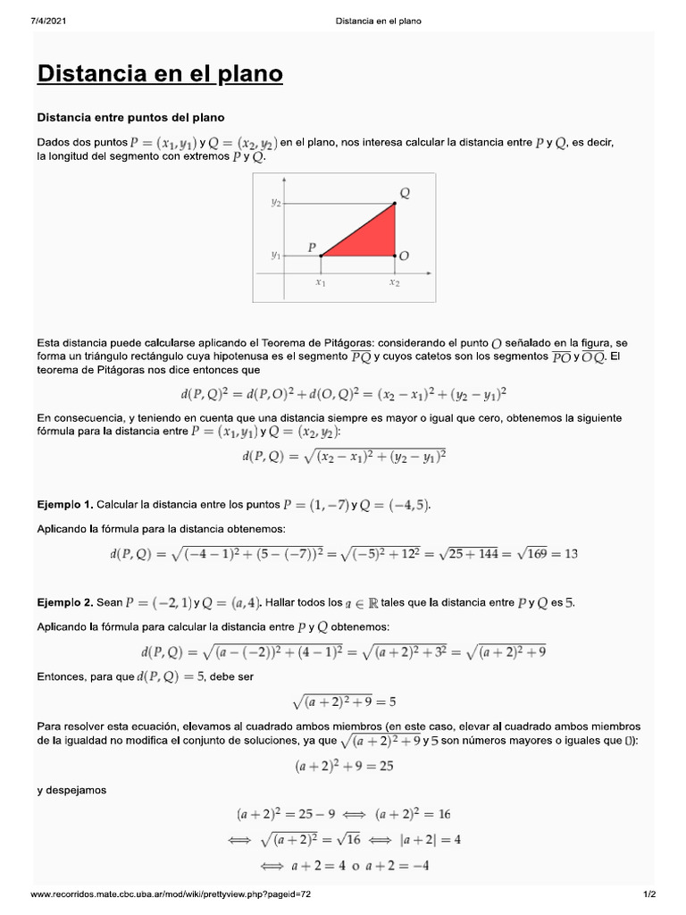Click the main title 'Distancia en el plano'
160,73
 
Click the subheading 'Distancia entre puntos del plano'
130,117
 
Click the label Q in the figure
405,192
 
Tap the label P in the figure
312,247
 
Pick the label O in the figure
405,256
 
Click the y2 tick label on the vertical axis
276,204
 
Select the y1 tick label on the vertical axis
276,256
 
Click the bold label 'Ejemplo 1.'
64,506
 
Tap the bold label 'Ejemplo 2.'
64,603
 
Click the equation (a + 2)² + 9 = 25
344,766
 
